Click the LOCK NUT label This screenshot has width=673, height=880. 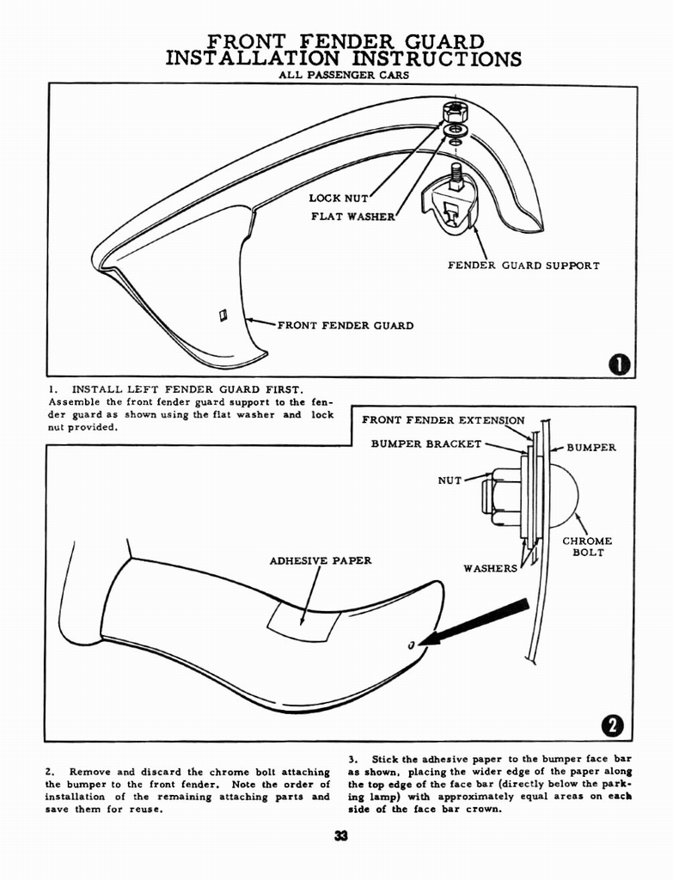click(x=338, y=199)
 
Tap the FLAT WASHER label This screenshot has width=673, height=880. click(x=352, y=216)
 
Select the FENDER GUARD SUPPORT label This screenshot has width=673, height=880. click(x=523, y=266)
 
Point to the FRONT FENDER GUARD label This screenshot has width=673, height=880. click(x=345, y=326)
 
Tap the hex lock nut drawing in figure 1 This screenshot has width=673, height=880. click(x=453, y=112)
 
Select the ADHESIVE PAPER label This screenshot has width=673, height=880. click(x=321, y=561)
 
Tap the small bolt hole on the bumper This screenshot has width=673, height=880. click(x=412, y=645)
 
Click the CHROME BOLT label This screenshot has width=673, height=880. click(x=587, y=547)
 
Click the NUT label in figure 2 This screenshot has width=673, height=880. click(x=450, y=480)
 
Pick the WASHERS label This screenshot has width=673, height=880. click(x=490, y=568)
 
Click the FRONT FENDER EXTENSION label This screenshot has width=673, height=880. click(x=443, y=420)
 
